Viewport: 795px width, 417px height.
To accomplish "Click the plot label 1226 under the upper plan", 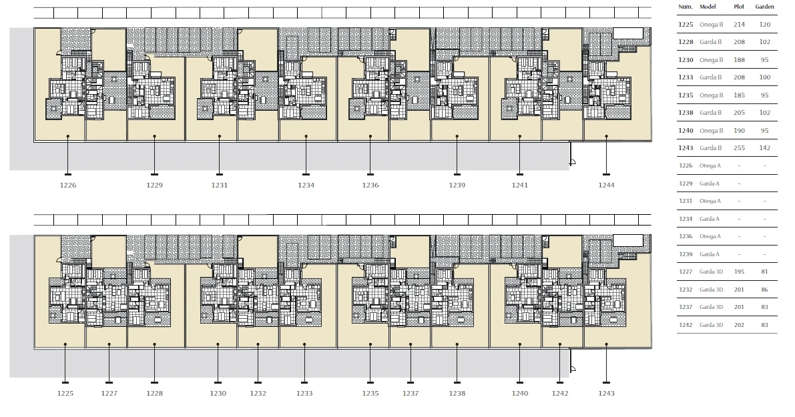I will coord(68,185).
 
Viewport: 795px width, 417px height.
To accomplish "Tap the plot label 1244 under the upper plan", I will coord(606,185).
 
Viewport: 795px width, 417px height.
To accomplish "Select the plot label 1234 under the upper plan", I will coord(306,185).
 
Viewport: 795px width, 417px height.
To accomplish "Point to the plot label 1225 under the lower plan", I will coord(65,394).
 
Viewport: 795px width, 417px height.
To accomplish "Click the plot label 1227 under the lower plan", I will coord(109,394).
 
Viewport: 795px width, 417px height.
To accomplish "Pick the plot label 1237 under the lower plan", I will coord(411,394).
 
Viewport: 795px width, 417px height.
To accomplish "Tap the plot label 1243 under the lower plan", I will coord(606,394).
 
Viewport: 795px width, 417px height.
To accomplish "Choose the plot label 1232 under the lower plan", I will coord(258,394).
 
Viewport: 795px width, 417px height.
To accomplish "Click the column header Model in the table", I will coord(708,7).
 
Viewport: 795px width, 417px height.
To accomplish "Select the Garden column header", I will coord(764,7).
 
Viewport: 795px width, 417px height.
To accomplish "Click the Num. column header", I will coord(685,7).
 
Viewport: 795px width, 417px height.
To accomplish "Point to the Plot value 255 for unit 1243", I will coord(739,148).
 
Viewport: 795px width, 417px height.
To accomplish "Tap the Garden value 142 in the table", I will coord(764,148).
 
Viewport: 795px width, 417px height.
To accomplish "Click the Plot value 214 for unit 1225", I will coord(739,25).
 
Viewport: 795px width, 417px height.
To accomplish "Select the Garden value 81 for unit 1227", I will coord(764,272).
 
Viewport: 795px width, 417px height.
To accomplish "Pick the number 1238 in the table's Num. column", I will coord(686,113).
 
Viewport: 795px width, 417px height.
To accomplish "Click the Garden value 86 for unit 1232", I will coord(764,290).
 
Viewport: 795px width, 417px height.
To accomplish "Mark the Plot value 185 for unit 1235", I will coord(739,95).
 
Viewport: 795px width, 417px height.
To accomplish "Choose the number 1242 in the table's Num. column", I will coord(686,325).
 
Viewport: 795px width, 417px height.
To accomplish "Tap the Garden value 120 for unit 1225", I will coord(764,25).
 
